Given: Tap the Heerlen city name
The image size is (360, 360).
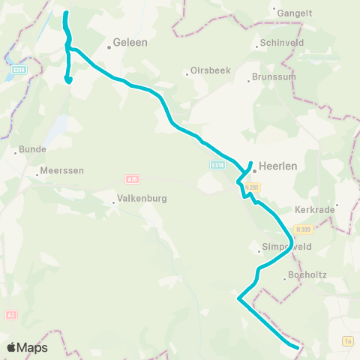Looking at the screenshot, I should pyautogui.click(x=279, y=168).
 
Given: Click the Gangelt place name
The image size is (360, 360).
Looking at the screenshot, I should pyautogui.click(x=295, y=13).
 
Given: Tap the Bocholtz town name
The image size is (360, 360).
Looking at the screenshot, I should pyautogui.click(x=307, y=276).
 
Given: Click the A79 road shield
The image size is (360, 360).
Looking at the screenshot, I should pyautogui.click(x=132, y=179).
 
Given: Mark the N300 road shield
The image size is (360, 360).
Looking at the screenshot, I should pyautogui.click(x=304, y=227).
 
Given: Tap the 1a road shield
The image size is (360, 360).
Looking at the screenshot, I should pyautogui.click(x=347, y=341).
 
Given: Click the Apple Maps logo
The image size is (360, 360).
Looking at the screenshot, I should pyautogui.click(x=26, y=348).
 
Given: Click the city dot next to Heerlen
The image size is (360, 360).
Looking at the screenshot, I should pyautogui.click(x=254, y=168).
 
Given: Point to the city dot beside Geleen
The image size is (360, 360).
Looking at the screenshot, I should pyautogui.click(x=109, y=46).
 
